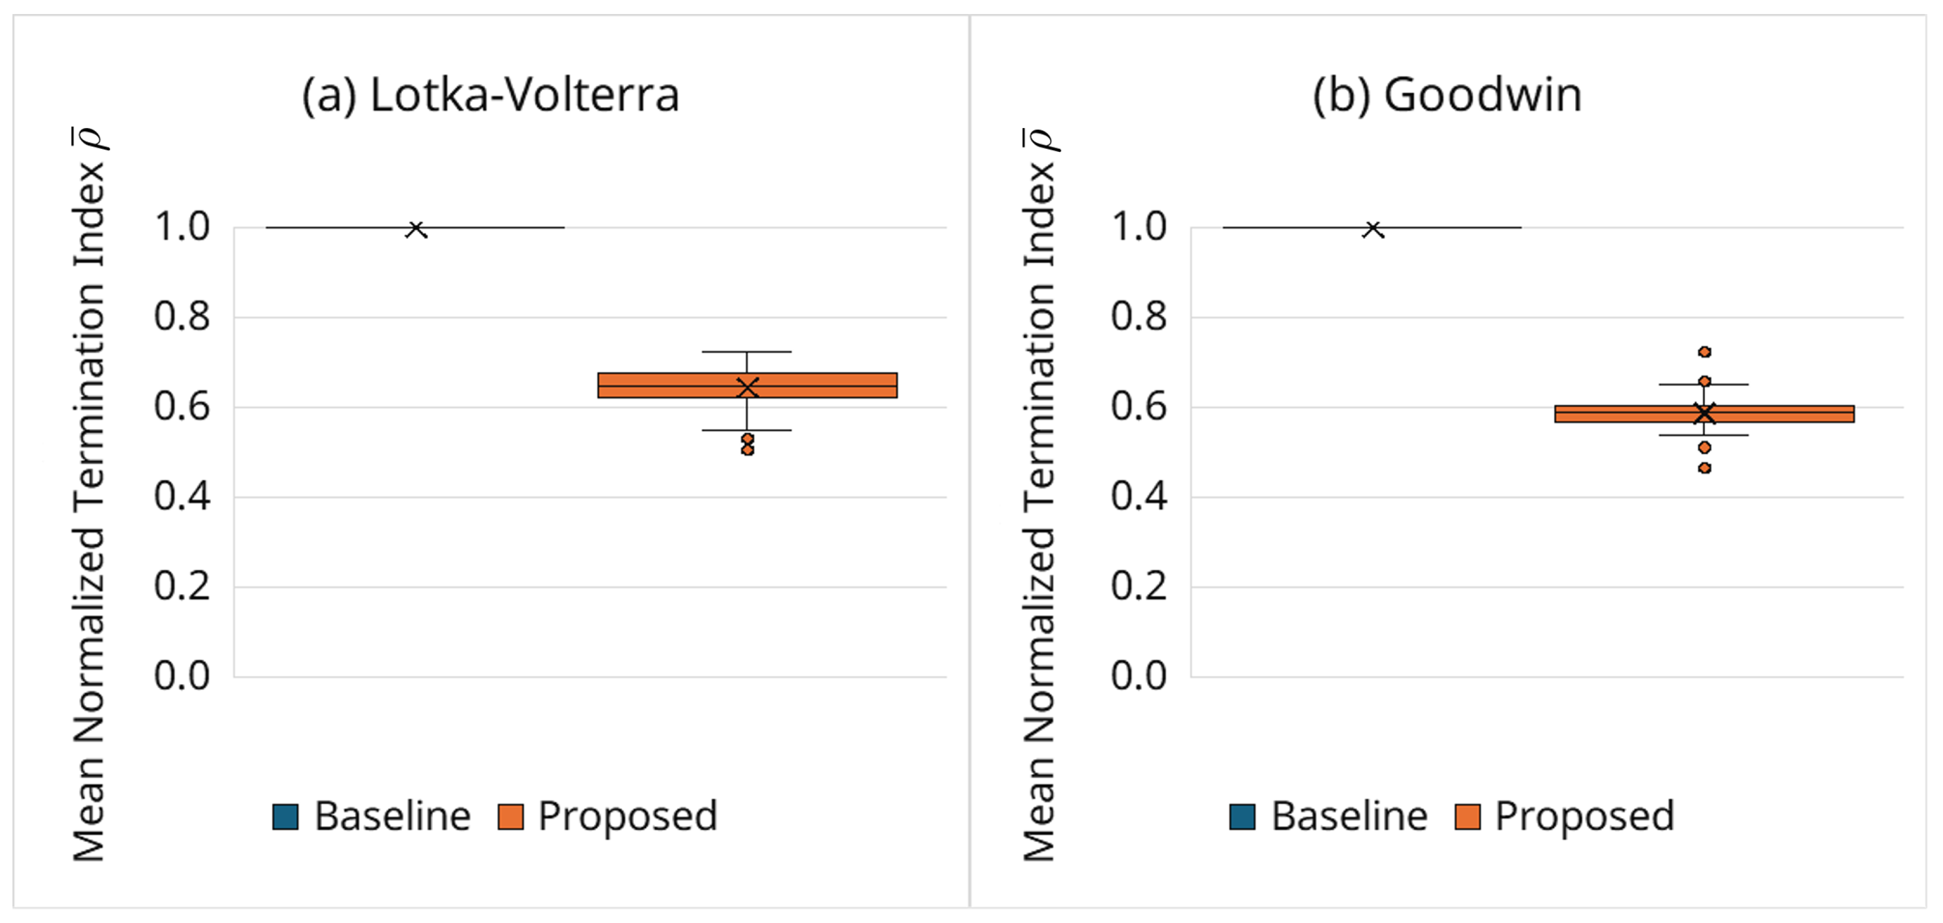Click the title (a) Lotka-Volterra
490,96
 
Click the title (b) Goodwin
1447,96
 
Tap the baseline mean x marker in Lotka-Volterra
416,229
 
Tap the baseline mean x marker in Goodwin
1373,229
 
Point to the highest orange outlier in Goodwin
1704,352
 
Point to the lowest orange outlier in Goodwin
1704,468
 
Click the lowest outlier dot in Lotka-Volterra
747,450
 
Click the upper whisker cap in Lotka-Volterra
747,352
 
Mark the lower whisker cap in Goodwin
1704,435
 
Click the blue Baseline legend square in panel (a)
285,816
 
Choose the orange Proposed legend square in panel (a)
510,816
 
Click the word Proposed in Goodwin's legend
1584,816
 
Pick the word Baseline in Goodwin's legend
1349,816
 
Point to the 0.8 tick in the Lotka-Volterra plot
182,316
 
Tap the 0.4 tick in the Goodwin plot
1138,496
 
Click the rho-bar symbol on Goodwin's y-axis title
1040,139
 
